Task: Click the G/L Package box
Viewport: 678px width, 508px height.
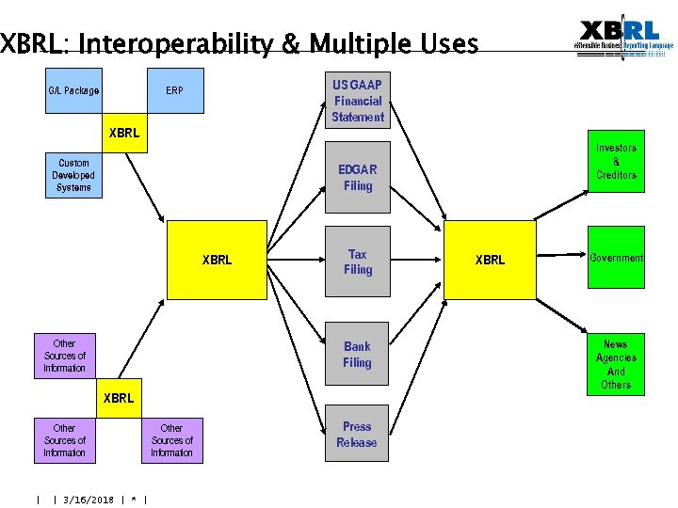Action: click(73, 91)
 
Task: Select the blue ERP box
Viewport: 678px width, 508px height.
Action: click(175, 91)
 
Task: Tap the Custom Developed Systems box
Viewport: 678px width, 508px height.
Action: click(73, 175)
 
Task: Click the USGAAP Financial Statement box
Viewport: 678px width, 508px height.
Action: click(358, 101)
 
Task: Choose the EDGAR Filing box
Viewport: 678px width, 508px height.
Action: click(358, 178)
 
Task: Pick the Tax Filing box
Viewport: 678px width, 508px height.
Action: click(358, 262)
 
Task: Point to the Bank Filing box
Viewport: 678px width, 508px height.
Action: click(358, 355)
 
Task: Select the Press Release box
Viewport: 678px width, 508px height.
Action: click(357, 435)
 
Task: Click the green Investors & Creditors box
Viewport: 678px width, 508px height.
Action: click(616, 162)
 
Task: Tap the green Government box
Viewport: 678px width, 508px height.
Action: click(616, 258)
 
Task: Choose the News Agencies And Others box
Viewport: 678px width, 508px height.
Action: click(616, 364)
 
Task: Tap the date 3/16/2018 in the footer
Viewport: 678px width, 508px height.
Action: click(88, 500)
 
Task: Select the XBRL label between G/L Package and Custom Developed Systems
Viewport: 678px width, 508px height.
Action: click(124, 133)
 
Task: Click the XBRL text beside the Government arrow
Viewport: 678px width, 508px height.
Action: click(490, 260)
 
